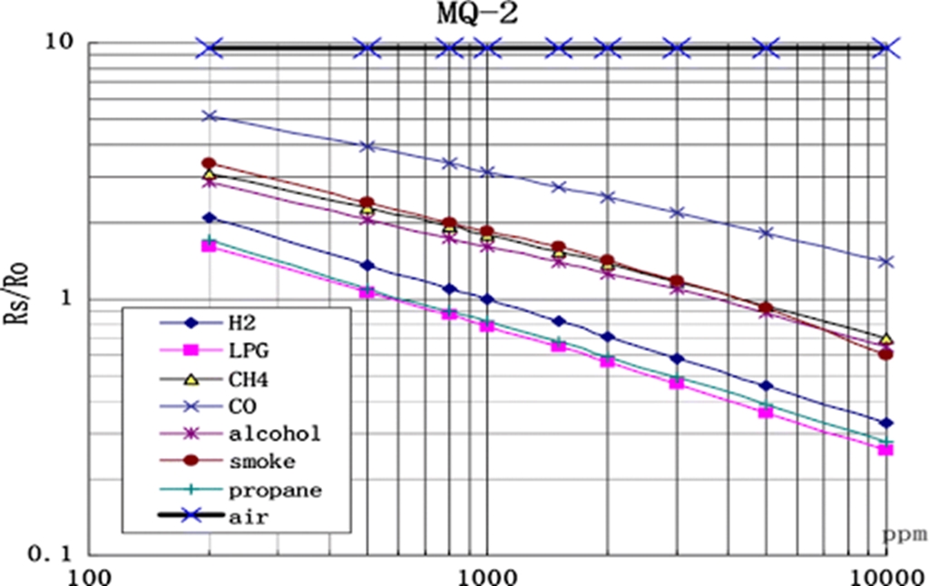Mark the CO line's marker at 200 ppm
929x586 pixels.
tap(210, 116)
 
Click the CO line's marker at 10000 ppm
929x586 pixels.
tap(885, 261)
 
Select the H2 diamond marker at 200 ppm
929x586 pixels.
tap(210, 218)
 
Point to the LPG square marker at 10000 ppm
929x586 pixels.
tap(885, 449)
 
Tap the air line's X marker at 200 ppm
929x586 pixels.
tap(210, 47)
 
